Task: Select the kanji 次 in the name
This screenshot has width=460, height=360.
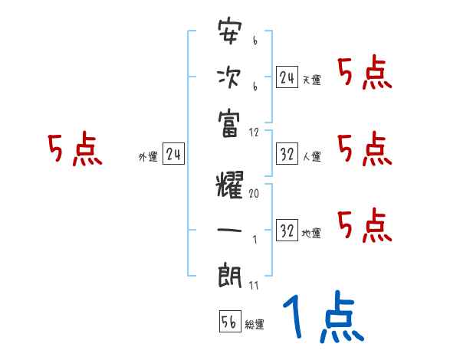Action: click(230, 77)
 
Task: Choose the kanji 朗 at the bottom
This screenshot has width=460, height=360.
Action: click(230, 274)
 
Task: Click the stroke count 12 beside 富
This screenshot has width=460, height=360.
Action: click(255, 131)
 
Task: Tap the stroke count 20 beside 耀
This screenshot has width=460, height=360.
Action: click(254, 194)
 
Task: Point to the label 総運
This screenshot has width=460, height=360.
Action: click(255, 325)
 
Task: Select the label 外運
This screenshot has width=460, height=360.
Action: click(148, 157)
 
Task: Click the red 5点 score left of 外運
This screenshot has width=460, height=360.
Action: click(74, 149)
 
